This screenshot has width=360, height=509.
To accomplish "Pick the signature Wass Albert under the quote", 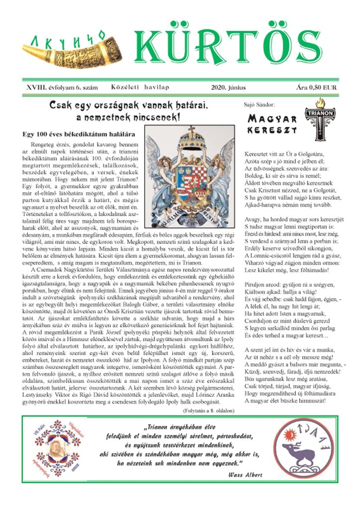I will (x=246, y=475).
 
